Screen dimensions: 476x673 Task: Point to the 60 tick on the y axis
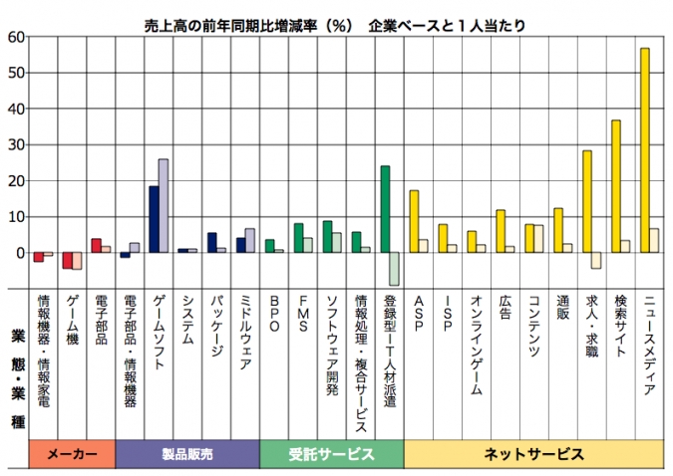coord(16,38)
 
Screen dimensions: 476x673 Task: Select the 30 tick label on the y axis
coord(16,145)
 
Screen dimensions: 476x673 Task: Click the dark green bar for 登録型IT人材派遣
coord(385,209)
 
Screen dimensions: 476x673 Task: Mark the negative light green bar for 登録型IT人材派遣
coord(395,268)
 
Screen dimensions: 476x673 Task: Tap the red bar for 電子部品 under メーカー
coord(96,245)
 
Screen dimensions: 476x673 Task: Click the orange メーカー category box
coord(72,454)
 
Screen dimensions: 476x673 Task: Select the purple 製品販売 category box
coord(187,454)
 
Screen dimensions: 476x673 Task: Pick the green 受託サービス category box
coord(331,454)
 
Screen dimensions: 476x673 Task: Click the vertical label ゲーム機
coord(72,319)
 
